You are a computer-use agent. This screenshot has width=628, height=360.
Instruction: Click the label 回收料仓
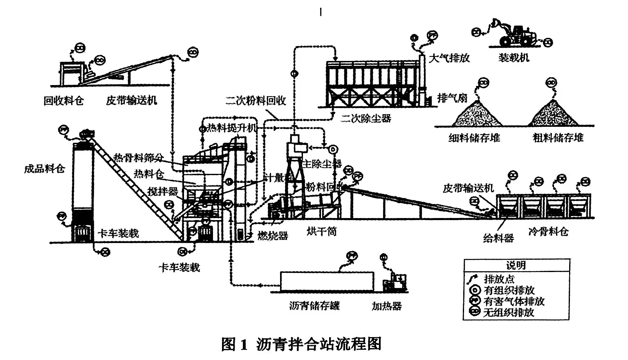click(63, 100)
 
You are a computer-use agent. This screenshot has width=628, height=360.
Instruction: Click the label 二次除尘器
click(366, 119)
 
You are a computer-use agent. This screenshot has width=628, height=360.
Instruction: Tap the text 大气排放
click(449, 58)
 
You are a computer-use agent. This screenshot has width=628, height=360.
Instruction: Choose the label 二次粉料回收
click(256, 101)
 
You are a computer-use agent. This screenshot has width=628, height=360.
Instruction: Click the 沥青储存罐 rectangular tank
click(327, 282)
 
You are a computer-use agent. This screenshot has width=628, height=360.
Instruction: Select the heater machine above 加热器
click(395, 282)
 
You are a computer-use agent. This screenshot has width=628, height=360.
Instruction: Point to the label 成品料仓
click(44, 168)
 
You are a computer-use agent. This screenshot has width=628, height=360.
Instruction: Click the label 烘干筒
click(322, 232)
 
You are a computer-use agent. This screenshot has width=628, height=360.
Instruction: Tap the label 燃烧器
click(273, 236)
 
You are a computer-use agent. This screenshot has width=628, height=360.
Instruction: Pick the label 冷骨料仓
click(548, 232)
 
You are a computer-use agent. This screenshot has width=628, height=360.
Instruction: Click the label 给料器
click(498, 238)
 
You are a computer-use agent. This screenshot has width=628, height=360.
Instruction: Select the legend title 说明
click(516, 265)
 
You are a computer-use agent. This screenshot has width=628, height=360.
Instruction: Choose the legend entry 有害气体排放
click(514, 301)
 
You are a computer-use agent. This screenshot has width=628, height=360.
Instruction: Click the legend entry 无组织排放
click(509, 313)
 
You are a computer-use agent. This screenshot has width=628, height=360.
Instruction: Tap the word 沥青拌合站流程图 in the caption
click(319, 344)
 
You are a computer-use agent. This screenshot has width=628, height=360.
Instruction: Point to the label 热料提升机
click(231, 128)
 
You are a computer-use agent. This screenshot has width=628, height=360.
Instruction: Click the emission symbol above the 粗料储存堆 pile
click(551, 83)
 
